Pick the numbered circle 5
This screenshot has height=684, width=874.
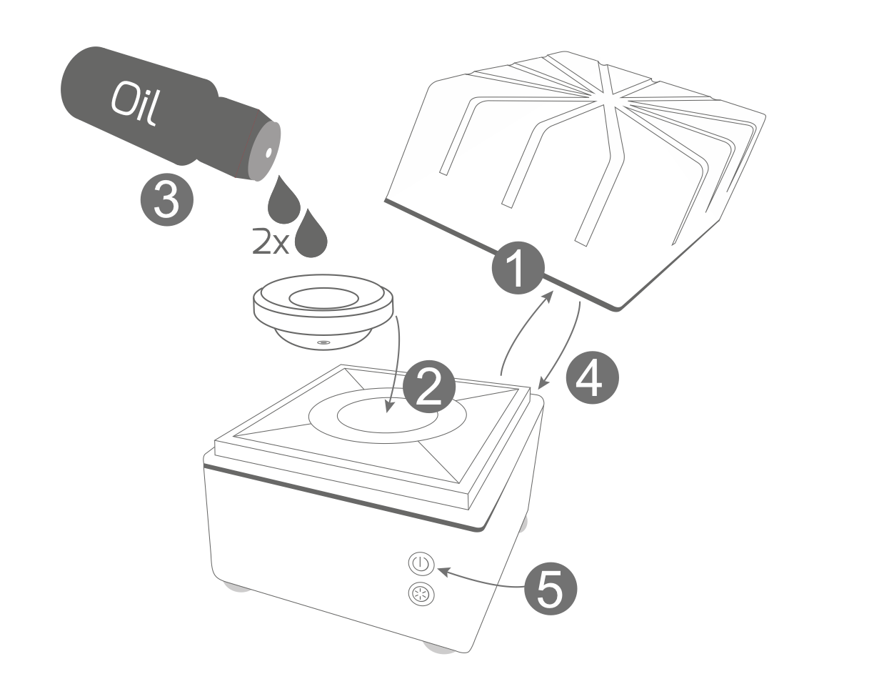pyautogui.click(x=551, y=588)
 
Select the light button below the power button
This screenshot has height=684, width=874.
pyautogui.click(x=421, y=595)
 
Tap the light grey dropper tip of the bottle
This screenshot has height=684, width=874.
pyautogui.click(x=264, y=151)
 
